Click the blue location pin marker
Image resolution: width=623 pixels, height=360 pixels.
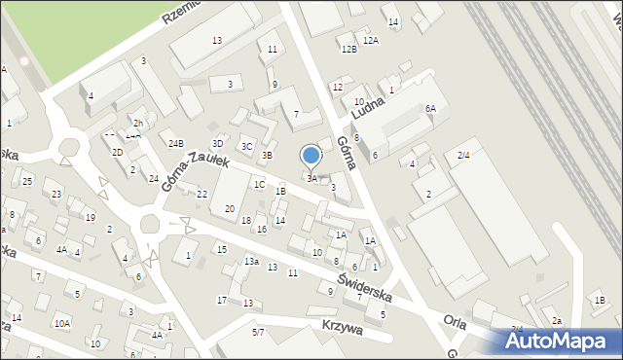point(311,156)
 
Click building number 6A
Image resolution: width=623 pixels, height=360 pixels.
point(429,108)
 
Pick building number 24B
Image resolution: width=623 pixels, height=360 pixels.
point(175,144)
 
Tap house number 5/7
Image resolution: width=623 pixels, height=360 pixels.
point(258,333)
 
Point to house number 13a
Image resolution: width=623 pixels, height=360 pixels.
point(250,262)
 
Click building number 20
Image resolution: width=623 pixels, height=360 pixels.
point(230,208)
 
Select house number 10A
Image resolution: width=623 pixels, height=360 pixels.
point(62,323)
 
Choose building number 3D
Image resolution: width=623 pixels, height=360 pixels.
point(218,143)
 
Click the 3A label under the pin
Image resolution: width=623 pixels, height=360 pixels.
point(311,178)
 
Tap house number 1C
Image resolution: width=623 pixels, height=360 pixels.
point(259,184)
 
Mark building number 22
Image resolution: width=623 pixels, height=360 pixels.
point(202,195)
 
